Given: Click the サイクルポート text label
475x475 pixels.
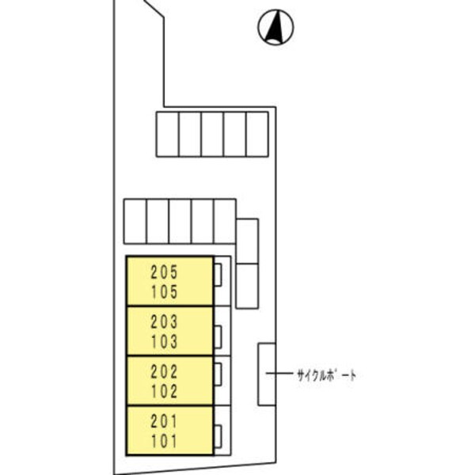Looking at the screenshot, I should [326, 374].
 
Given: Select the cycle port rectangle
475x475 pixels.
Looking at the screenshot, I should [266, 374].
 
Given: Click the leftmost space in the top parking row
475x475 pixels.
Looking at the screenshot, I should [167, 135].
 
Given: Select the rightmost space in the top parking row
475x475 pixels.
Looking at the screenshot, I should [257, 135].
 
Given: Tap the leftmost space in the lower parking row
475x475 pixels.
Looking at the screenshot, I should [135, 221].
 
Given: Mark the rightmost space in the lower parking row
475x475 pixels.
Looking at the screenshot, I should [225, 221].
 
